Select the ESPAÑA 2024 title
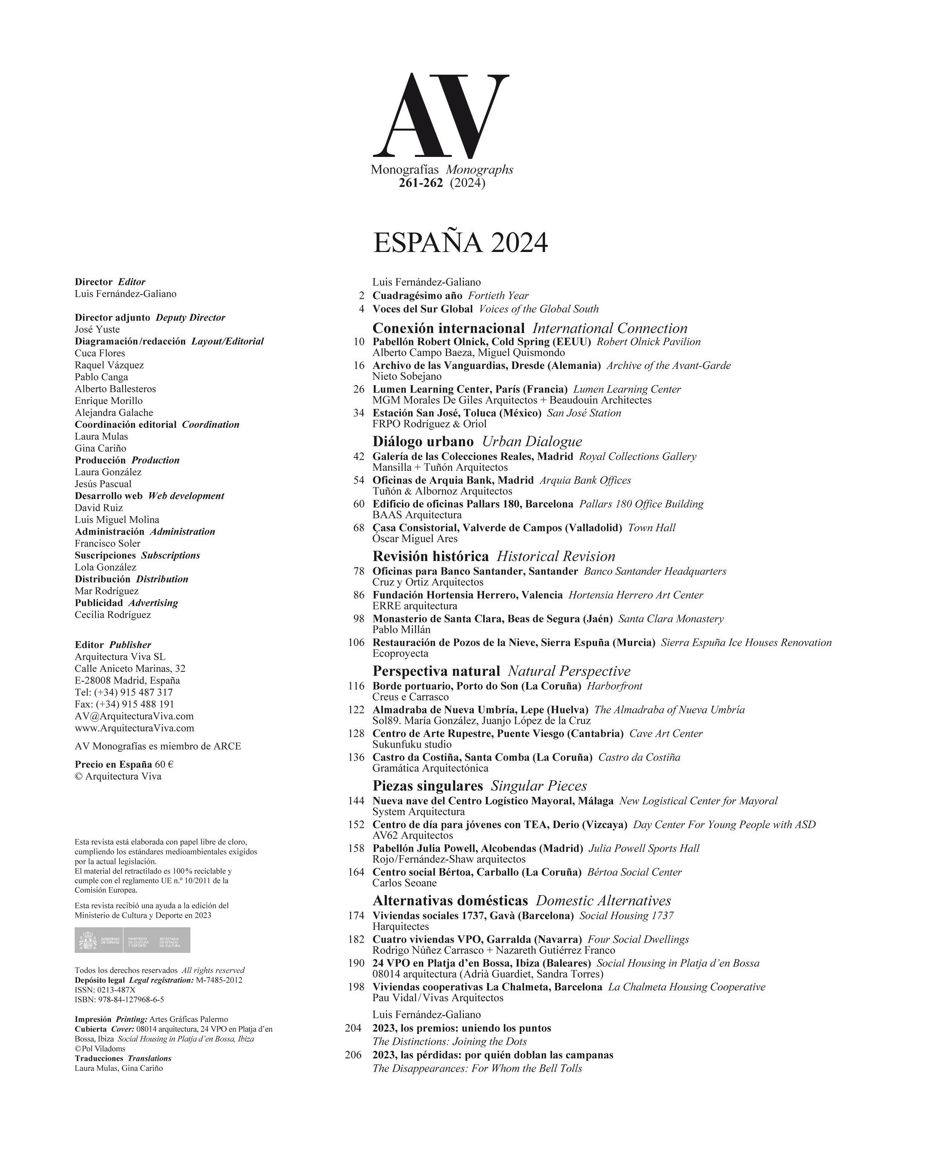click(460, 243)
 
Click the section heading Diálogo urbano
click(423, 441)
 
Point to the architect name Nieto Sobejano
click(407, 376)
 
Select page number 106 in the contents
click(356, 642)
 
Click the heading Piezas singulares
click(427, 786)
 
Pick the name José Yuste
click(97, 329)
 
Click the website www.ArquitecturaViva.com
click(134, 728)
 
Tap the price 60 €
click(164, 764)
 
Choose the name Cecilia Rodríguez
click(112, 615)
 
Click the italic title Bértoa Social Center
click(634, 872)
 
